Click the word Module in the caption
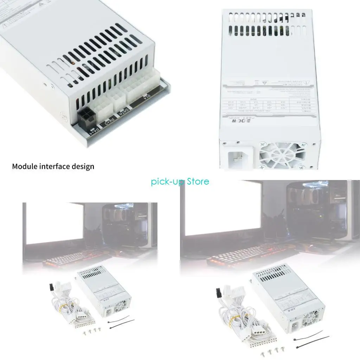[x=25, y=166]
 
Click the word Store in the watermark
[x=198, y=181]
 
